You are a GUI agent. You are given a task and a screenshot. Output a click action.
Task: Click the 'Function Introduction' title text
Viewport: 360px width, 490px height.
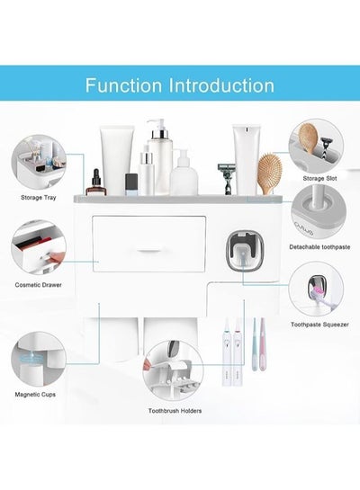coord(179,85)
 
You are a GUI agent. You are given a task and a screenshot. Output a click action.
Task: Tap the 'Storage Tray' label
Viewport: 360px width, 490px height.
coord(39,198)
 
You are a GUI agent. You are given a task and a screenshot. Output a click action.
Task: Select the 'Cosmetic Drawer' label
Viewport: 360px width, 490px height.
coord(38,285)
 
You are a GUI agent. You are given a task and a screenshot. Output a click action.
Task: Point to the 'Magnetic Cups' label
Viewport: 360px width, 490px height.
coord(35,395)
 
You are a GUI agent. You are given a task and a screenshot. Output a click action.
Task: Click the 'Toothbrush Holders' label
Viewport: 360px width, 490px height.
coord(175,411)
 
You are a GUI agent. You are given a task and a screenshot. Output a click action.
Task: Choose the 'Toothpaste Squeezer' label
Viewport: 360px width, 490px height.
coord(319,325)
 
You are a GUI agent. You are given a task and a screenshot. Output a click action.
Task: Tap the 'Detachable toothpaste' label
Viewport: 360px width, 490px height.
coord(319,247)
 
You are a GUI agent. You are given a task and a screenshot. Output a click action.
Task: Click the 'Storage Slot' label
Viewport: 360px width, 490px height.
coord(319,178)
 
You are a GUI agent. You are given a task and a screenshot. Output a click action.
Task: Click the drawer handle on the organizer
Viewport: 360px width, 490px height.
coord(148,251)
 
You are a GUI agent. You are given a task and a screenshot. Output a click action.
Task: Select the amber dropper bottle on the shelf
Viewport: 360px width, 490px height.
coord(96,183)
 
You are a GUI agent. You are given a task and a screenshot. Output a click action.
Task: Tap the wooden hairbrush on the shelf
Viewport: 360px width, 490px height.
coord(270,173)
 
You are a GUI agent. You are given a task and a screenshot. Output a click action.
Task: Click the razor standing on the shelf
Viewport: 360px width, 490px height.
coord(227,178)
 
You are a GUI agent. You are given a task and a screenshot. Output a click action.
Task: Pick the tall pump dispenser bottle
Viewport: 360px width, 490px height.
coord(159,156)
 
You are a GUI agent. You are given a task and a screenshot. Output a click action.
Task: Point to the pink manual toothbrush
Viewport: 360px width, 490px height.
coord(263,343)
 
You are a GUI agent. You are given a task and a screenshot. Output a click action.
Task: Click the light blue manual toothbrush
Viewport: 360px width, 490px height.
coord(255,343)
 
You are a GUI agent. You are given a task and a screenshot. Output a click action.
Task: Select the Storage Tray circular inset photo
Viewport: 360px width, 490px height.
coord(39,162)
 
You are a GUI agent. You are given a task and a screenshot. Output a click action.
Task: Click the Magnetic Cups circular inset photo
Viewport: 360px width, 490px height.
coord(39,359)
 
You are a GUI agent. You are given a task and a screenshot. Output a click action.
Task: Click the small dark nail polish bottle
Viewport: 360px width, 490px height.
coord(131,184)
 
